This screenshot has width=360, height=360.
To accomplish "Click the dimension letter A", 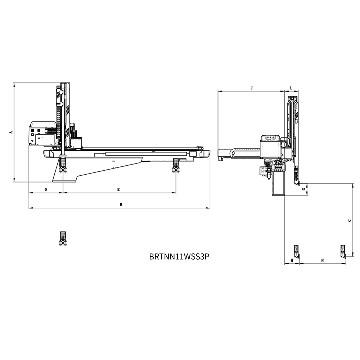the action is click(x=10, y=132).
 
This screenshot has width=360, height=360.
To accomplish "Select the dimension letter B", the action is click(x=121, y=205).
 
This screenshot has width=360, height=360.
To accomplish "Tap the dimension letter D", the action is click(x=46, y=190).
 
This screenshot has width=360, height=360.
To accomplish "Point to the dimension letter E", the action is click(x=118, y=190).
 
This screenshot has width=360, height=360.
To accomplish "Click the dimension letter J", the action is click(x=252, y=88).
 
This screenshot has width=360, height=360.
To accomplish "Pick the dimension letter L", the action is click(x=291, y=88).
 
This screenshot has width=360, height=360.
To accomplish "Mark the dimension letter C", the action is click(x=350, y=220).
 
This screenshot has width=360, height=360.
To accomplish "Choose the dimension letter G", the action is click(x=304, y=189).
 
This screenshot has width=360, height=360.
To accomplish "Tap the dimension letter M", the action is click(x=292, y=260).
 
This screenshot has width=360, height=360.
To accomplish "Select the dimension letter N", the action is click(x=323, y=260).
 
